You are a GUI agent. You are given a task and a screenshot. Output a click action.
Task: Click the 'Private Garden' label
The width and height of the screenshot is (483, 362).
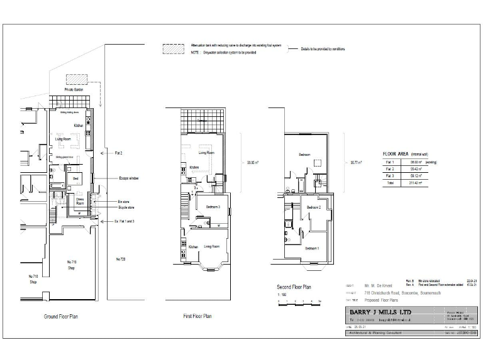(x=74, y=90)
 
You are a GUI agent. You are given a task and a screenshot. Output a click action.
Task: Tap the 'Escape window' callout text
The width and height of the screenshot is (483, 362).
(x=129, y=178)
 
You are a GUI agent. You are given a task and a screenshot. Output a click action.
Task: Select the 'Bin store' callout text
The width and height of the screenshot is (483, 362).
(x=125, y=201)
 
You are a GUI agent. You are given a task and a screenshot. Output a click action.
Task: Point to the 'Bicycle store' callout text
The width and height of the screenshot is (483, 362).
(x=126, y=207)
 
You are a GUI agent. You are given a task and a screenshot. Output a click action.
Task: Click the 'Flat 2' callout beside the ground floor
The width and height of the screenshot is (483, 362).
(x=118, y=153)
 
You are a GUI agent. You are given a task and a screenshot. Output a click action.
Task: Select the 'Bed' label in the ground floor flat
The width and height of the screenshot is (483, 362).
(x=75, y=178)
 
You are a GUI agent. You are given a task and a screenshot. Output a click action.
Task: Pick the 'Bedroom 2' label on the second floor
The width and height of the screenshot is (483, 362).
(x=314, y=207)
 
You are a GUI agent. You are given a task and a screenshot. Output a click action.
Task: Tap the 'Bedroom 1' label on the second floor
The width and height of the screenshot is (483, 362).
(x=312, y=248)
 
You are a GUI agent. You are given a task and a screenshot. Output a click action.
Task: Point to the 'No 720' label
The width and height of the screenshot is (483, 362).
(x=121, y=258)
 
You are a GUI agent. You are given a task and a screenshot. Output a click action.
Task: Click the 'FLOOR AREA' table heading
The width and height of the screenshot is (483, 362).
(x=397, y=153)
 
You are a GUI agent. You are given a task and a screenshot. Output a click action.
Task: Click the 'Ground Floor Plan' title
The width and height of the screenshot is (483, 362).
(x=60, y=317)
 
